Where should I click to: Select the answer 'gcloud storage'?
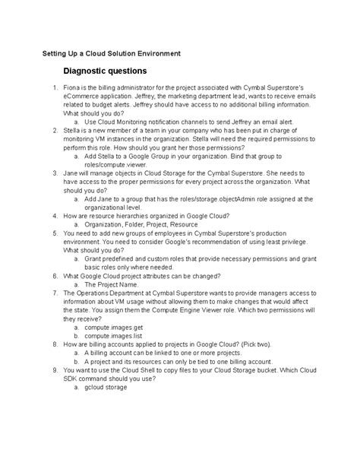[106, 388]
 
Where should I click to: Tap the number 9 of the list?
[54, 369]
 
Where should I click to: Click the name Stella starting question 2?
[74, 130]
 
